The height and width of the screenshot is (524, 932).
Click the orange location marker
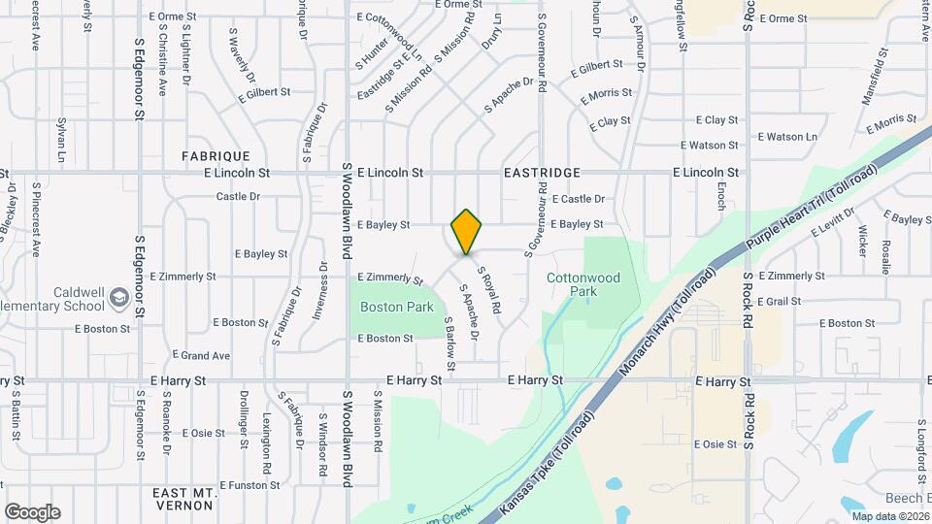click(466, 232)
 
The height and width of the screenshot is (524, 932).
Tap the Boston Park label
click(396, 307)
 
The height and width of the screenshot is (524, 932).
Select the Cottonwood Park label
click(583, 284)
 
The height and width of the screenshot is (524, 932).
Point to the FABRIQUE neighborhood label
click(216, 155)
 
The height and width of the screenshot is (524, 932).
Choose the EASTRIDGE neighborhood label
click(542, 173)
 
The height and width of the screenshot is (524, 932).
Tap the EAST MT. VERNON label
click(183, 499)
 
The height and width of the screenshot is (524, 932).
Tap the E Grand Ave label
click(201, 355)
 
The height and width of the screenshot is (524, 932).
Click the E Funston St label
click(250, 484)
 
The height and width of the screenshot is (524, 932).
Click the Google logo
click(32, 512)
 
